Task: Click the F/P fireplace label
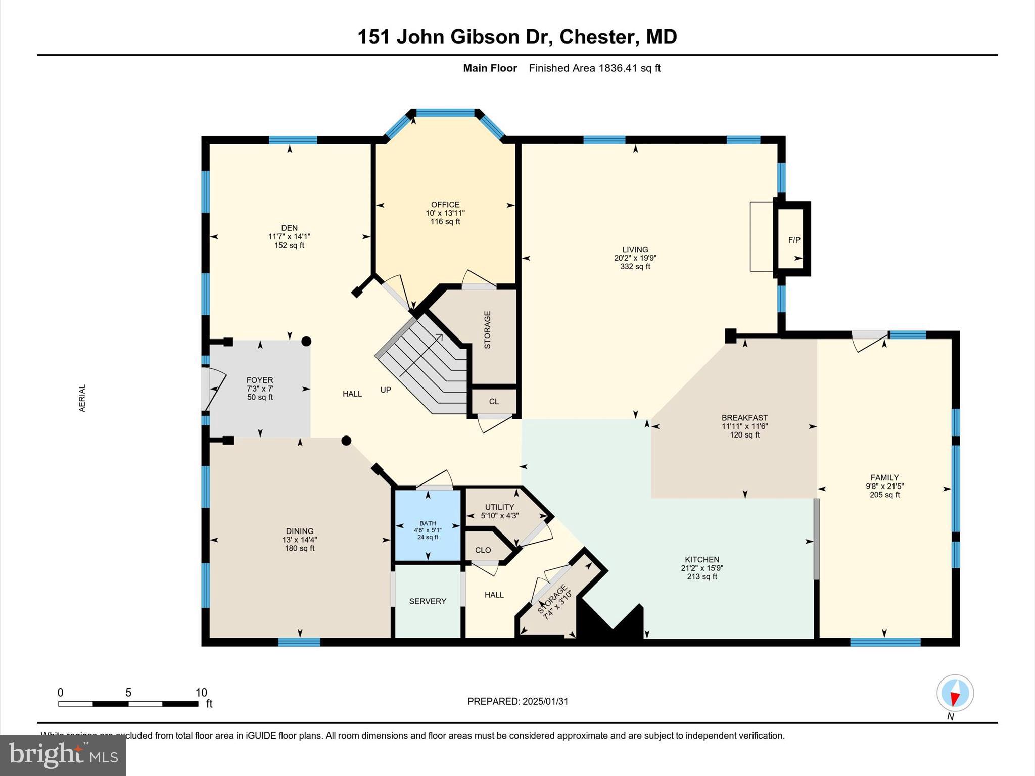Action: coord(794,240)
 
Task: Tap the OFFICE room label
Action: coord(445,205)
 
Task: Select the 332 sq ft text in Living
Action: coord(635,267)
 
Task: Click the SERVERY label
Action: coord(428,601)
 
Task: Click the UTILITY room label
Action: coord(499,507)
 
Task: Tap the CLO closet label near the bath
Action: coord(483,550)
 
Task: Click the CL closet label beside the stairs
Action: coord(494,402)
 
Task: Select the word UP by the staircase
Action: coord(386,390)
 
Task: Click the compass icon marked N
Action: coord(955,693)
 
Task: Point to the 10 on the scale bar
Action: coord(201,693)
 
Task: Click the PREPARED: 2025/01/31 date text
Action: coord(517,701)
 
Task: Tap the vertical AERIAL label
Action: coord(82,398)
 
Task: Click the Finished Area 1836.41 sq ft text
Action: coord(594,68)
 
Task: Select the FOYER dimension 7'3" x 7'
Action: coord(260,389)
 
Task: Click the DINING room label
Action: coord(300,531)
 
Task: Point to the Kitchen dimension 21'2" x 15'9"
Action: coord(701,568)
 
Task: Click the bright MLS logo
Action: coord(63,755)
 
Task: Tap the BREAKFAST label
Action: coord(744,418)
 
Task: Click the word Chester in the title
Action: coord(597,37)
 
